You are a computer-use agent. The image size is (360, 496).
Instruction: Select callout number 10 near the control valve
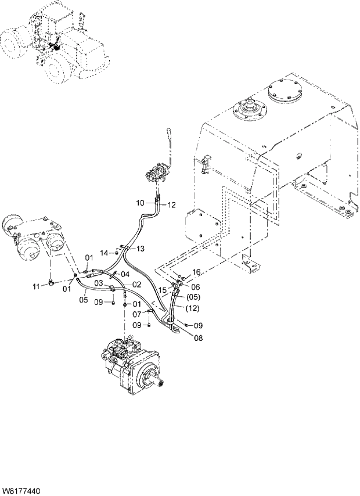[141, 203]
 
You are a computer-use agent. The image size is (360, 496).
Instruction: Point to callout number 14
[104, 253]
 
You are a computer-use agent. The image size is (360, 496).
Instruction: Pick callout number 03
[99, 283]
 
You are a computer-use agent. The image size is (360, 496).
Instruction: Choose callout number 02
[137, 285]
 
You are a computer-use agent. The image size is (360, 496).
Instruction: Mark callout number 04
[125, 274]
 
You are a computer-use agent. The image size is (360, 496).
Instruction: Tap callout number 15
[163, 289]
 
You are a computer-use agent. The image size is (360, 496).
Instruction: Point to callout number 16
[196, 272]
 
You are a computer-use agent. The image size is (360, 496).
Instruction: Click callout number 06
[195, 287]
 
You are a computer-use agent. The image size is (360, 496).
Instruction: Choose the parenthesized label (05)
[193, 297]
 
